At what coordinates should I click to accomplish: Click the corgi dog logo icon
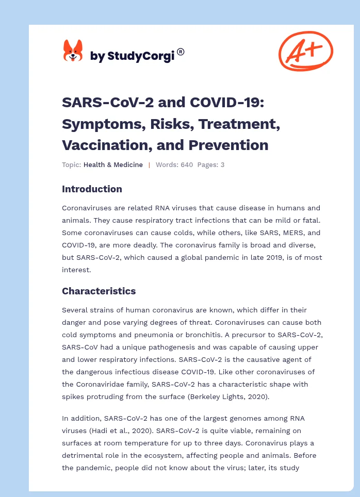point(73,51)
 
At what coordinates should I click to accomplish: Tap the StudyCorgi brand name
point(132,56)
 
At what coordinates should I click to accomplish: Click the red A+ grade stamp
point(305,50)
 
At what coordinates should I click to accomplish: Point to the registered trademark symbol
point(181,52)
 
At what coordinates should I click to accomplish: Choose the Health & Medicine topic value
point(113,165)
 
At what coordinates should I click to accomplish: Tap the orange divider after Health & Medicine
point(149,165)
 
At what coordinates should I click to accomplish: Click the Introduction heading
point(92,189)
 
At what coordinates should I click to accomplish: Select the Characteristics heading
point(99,291)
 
